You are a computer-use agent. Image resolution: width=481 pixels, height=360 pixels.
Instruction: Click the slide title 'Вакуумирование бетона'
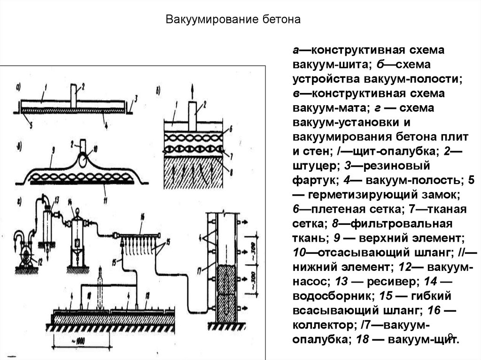233,20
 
